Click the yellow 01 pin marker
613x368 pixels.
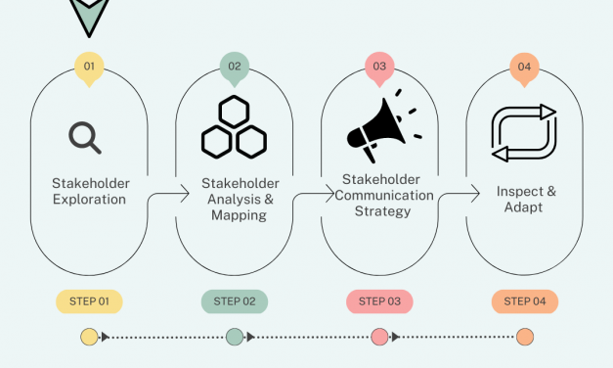pos(89,68)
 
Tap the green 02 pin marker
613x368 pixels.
pos(235,68)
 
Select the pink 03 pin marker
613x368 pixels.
pos(379,68)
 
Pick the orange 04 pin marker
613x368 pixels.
pos(525,68)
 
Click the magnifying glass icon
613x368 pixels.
pos(86,137)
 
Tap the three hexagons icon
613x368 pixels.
pos(234,127)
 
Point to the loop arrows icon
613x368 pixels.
pos(524,133)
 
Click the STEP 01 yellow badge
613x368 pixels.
pos(89,301)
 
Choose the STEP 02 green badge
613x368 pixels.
pos(235,301)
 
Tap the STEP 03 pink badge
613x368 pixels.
pos(379,301)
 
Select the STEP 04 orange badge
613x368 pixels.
pos(525,301)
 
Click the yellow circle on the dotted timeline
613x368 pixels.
pos(89,338)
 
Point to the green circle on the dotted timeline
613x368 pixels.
pos(235,338)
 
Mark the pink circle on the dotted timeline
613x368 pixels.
pos(379,338)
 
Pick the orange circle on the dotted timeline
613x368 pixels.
pos(525,338)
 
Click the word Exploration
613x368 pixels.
pos(89,200)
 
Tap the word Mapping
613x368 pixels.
pos(239,215)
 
